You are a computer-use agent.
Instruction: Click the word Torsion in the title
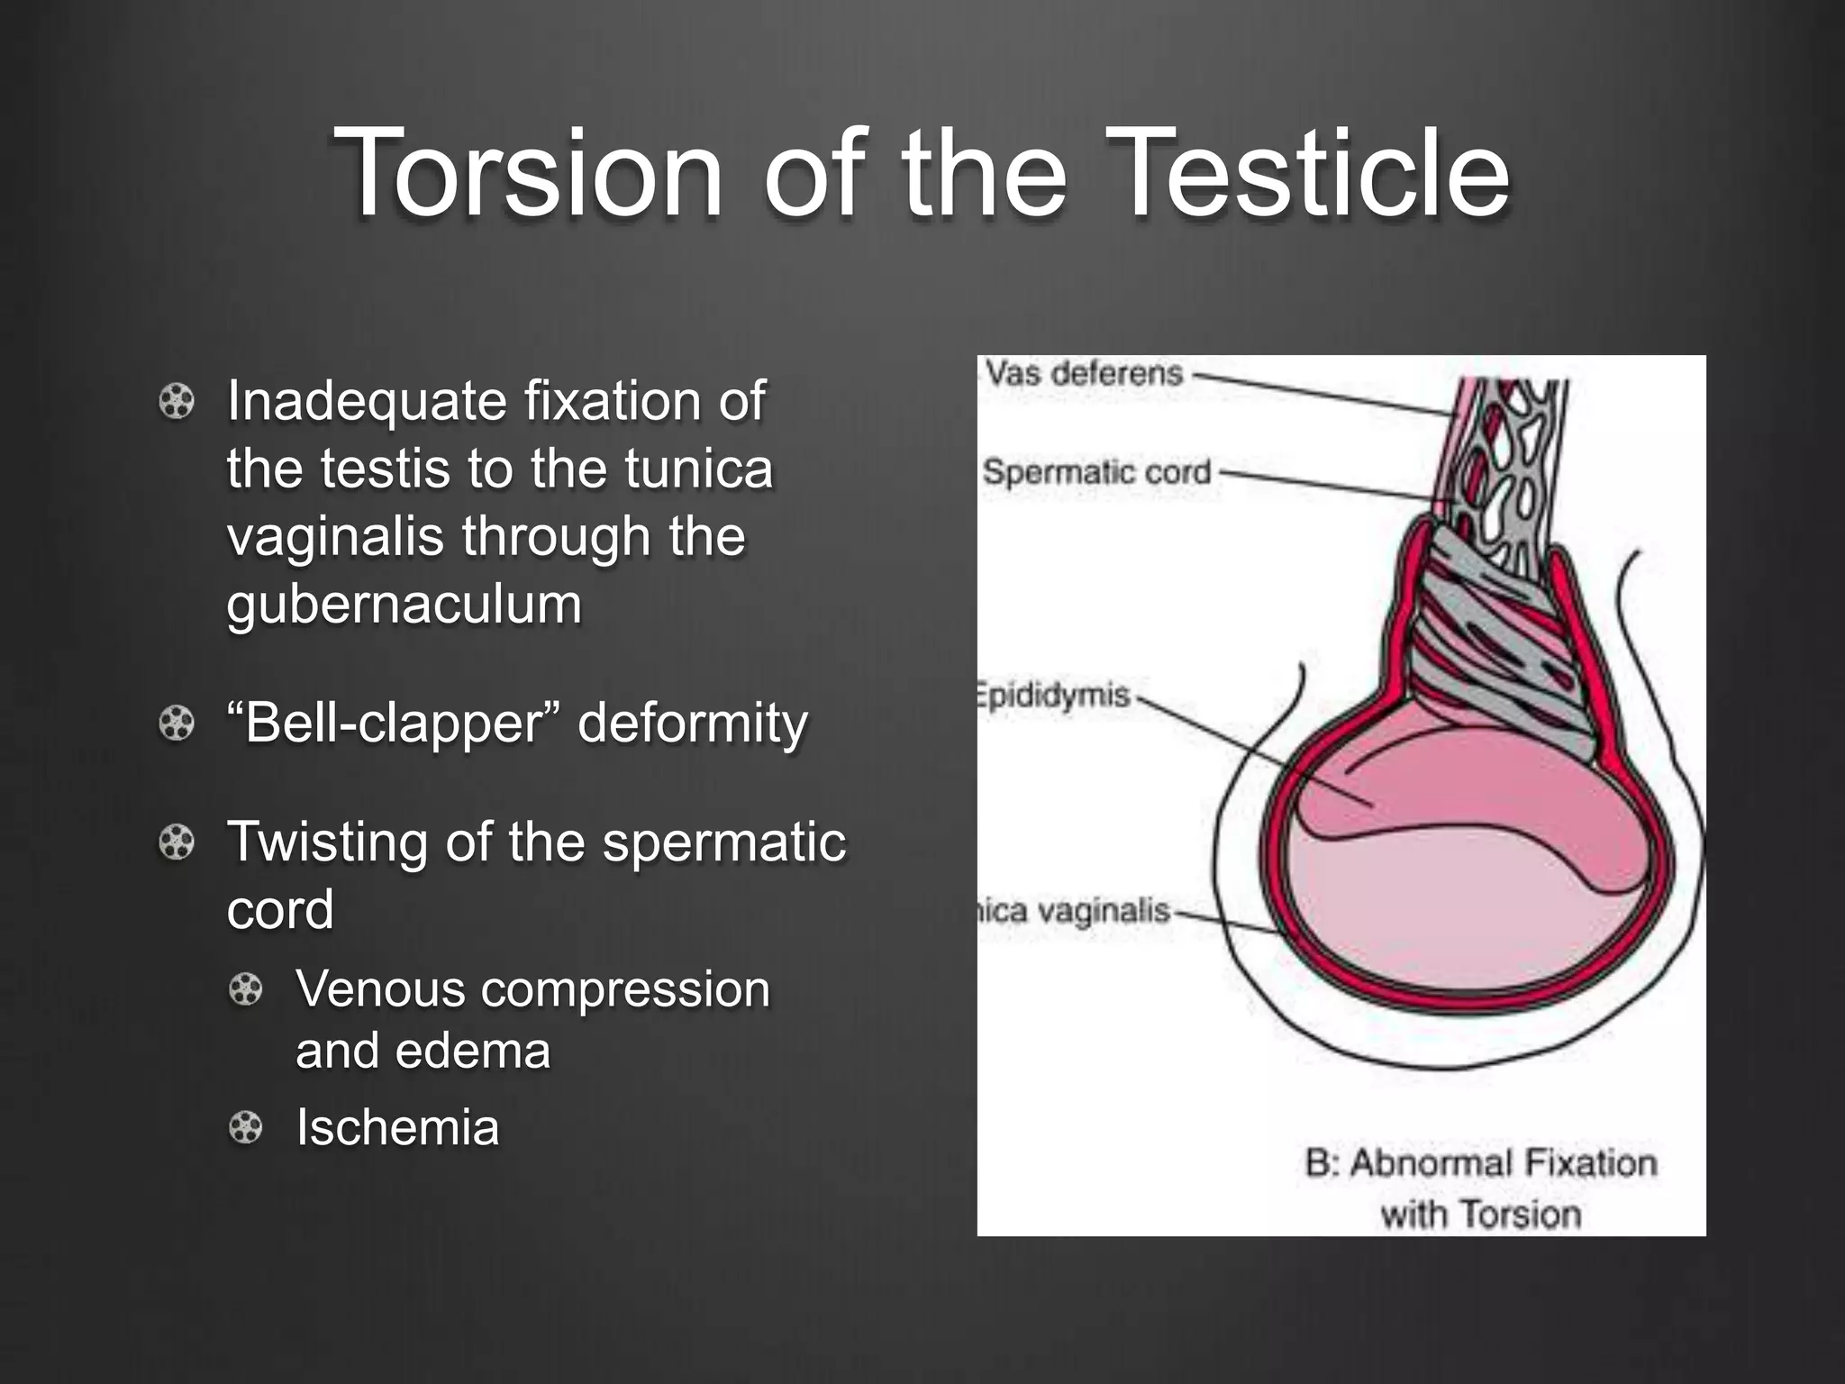point(528,173)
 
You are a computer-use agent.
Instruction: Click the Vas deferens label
point(1083,373)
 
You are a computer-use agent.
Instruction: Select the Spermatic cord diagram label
point(1096,472)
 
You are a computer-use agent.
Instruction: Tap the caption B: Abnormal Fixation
point(1480,1163)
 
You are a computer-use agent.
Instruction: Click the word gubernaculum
point(404,605)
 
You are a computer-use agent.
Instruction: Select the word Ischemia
point(397,1128)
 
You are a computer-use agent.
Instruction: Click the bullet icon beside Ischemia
point(245,1128)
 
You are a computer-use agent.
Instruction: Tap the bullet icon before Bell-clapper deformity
point(177,724)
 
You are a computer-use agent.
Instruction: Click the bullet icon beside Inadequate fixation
point(177,402)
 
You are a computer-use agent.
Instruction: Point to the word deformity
point(692,724)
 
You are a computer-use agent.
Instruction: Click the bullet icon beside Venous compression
point(245,990)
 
